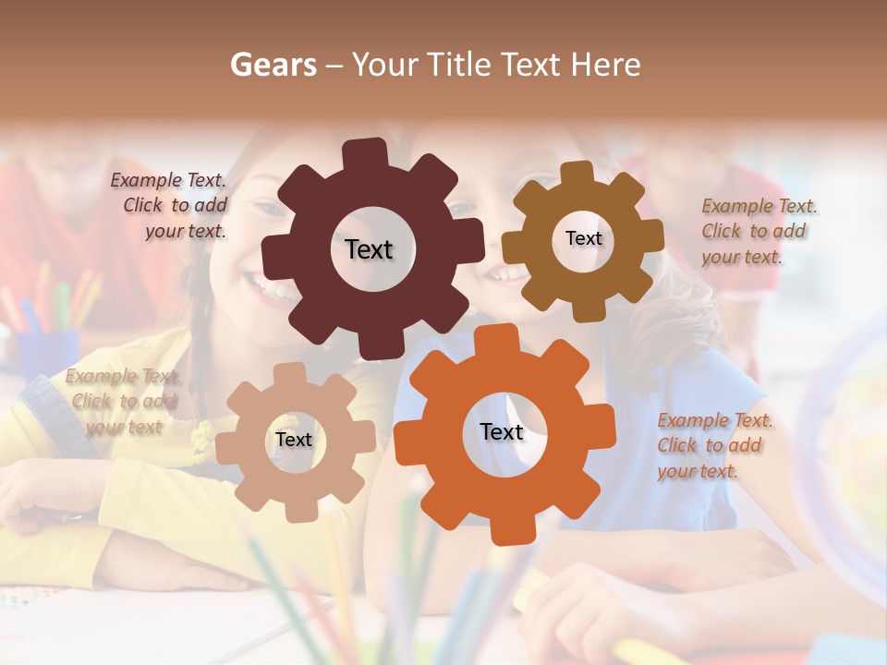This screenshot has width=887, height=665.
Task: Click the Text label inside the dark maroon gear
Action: [x=369, y=249]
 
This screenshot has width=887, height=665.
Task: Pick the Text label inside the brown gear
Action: [x=583, y=238]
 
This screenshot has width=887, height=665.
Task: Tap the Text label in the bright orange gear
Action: [x=502, y=431]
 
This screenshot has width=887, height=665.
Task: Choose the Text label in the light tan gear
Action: [x=294, y=440]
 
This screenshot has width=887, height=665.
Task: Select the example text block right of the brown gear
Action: [x=759, y=232]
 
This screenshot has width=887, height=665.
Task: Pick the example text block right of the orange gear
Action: [x=715, y=446]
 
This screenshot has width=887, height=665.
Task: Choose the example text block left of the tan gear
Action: [x=123, y=402]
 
